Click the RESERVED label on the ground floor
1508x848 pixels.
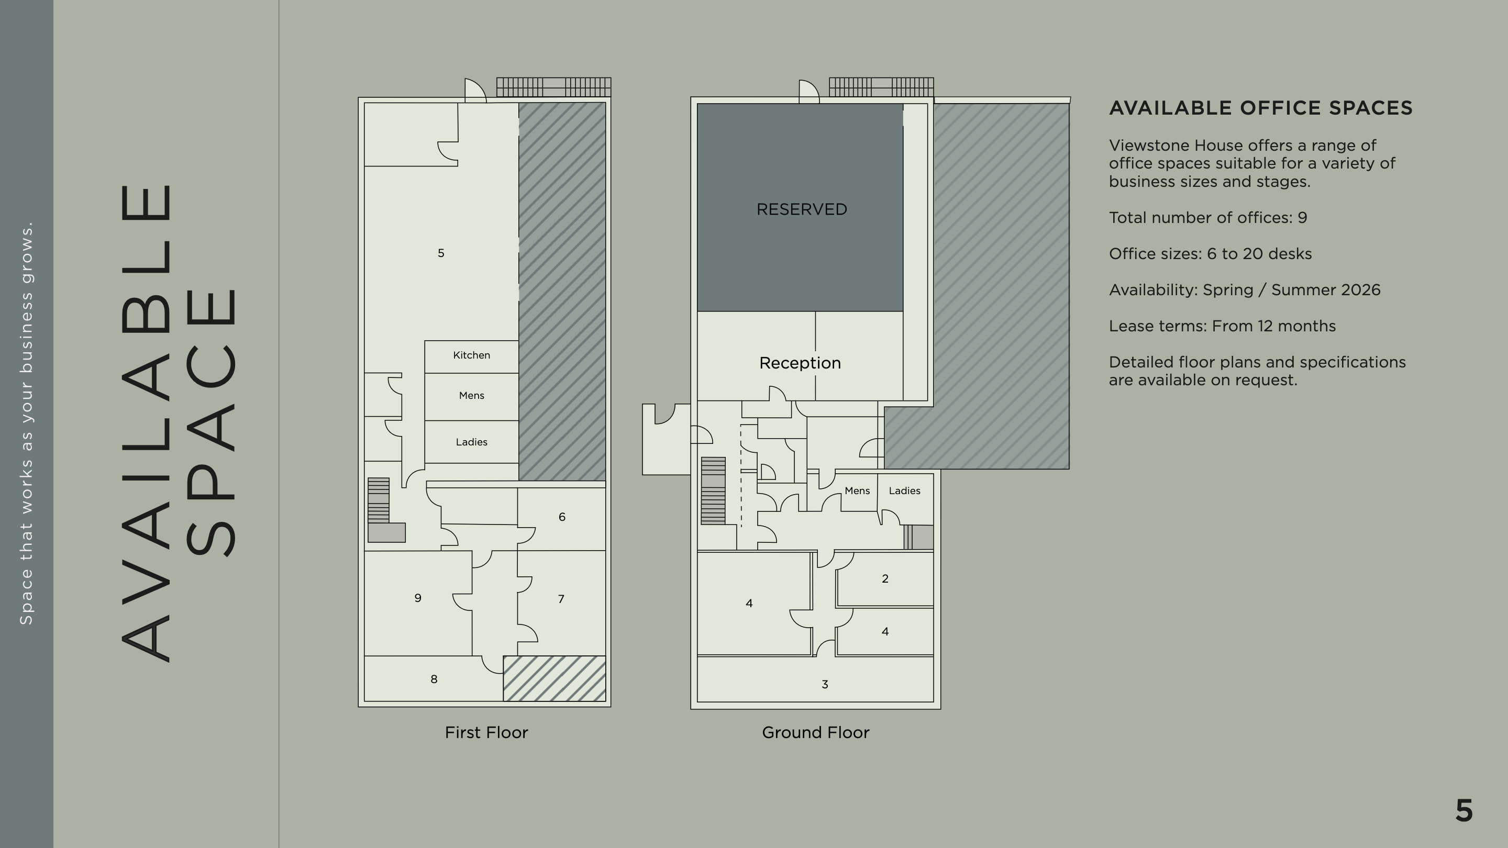tap(802, 209)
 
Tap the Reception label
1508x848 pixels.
tap(800, 363)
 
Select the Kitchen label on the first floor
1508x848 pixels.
tap(471, 355)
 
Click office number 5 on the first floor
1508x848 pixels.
tap(441, 253)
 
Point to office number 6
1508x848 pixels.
tap(562, 517)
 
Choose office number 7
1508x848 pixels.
tap(561, 599)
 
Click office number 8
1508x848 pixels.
tap(434, 679)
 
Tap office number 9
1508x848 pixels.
tap(417, 597)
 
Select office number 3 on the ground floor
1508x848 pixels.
tap(825, 684)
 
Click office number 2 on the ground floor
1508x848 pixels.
tap(885, 579)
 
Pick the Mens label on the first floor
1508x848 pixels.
tap(471, 396)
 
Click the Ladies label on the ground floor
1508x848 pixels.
tap(904, 490)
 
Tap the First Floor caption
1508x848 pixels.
tap(486, 733)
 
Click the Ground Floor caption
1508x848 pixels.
tap(815, 733)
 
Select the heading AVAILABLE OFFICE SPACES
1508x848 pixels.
tap(1261, 108)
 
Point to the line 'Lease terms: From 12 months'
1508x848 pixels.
tap(1222, 326)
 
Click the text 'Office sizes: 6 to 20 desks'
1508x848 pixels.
tap(1210, 254)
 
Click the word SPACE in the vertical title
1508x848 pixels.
tap(212, 422)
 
